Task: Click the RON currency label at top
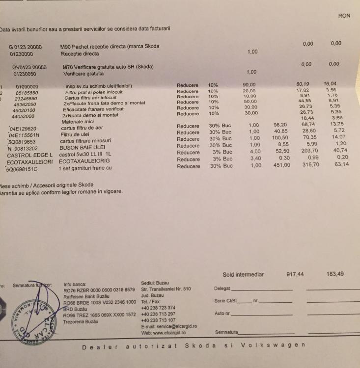point(344,16)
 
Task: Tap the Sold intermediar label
point(243,275)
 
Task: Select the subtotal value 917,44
point(295,275)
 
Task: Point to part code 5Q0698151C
point(22,169)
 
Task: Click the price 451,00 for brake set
point(281,165)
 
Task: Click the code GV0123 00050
point(29,67)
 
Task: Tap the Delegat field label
point(222,288)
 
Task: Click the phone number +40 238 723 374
point(158,308)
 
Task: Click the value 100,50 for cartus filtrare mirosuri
point(281,138)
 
